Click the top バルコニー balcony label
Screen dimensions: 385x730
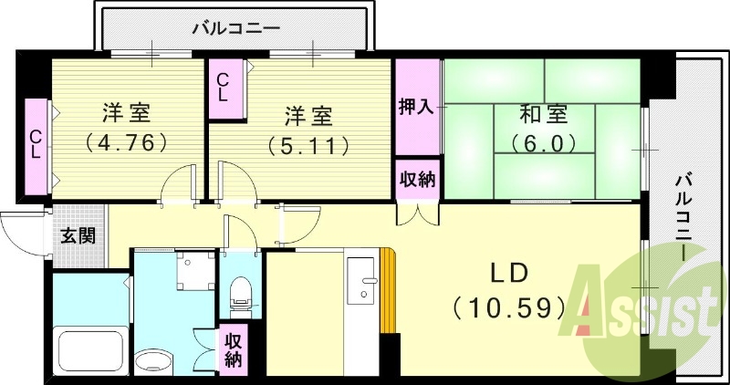click(x=235, y=28)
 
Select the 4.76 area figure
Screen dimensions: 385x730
click(x=126, y=143)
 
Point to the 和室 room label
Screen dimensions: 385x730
click(x=544, y=116)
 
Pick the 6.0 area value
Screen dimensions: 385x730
click(x=544, y=143)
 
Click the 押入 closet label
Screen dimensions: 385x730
click(x=416, y=107)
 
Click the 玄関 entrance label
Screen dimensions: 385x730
click(x=77, y=234)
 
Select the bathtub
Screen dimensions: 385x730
click(x=89, y=352)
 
